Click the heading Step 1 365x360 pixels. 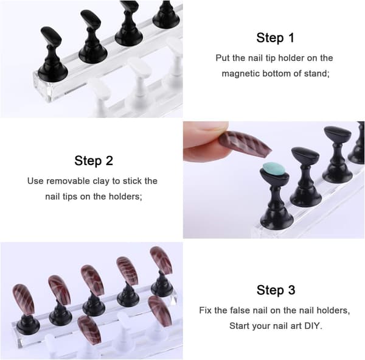click(x=276, y=38)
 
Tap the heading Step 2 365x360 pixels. click(x=94, y=161)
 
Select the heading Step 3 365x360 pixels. click(x=276, y=290)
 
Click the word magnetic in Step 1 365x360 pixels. click(x=240, y=74)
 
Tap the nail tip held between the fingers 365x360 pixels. click(x=246, y=142)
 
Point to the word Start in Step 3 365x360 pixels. click(x=238, y=326)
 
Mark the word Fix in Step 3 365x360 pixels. click(x=205, y=310)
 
